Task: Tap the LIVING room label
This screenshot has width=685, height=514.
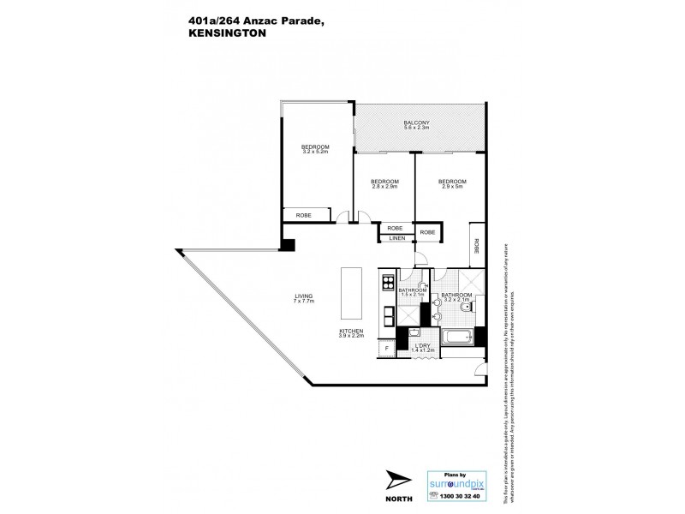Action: tap(304, 297)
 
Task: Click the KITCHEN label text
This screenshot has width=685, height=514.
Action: tap(352, 332)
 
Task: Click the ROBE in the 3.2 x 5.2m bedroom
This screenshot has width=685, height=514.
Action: tap(303, 214)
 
